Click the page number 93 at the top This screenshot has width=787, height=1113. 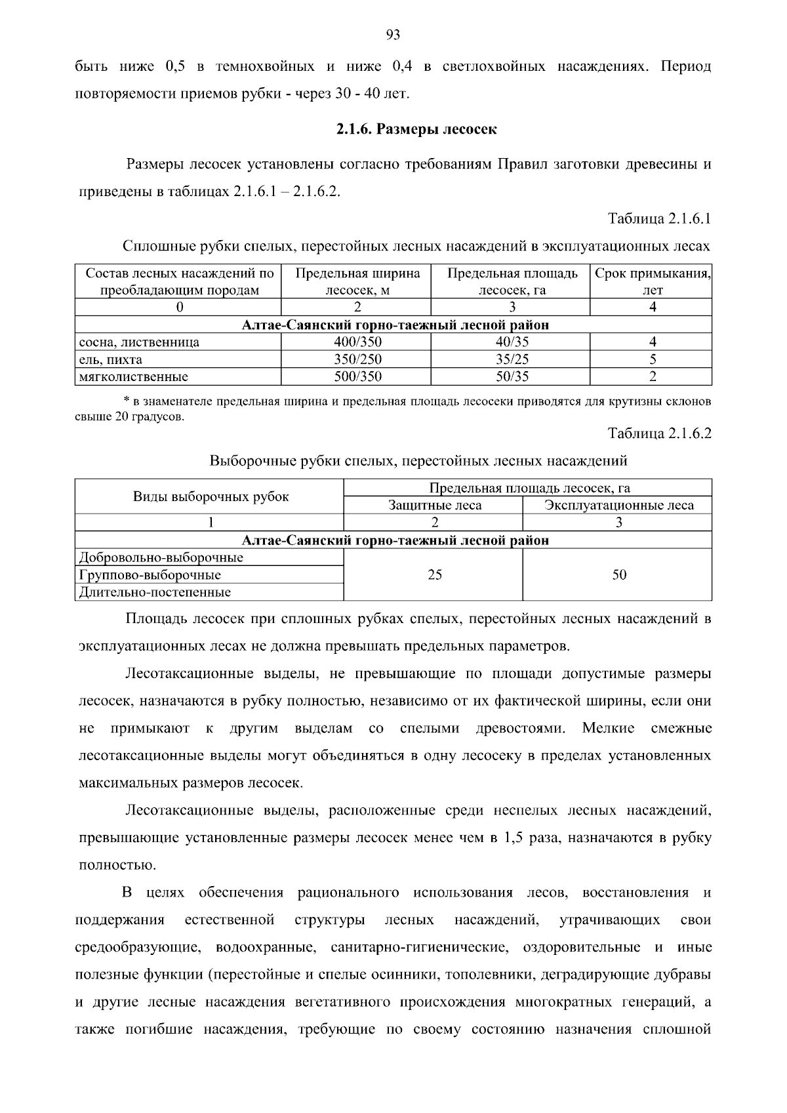[393, 35]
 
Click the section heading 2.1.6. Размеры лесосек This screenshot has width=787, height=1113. [416, 129]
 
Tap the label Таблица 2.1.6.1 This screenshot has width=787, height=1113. [659, 218]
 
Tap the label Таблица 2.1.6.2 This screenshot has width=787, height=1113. [659, 433]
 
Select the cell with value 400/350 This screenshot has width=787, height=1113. [357, 342]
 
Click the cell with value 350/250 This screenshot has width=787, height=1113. [357, 359]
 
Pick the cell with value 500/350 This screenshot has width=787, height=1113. [357, 376]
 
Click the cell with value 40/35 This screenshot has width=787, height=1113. [512, 342]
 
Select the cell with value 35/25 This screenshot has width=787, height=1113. [512, 359]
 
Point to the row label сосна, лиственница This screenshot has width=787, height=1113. [139, 342]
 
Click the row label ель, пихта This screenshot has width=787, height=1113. [110, 359]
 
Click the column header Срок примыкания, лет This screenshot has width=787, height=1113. [653, 281]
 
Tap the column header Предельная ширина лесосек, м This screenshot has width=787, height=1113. [357, 281]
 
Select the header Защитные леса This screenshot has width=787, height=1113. [435, 505]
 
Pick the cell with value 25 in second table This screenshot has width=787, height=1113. [435, 575]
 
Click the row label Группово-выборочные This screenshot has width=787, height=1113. [150, 575]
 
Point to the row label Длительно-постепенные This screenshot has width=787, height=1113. [155, 592]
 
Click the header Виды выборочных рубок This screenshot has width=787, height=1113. [211, 496]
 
